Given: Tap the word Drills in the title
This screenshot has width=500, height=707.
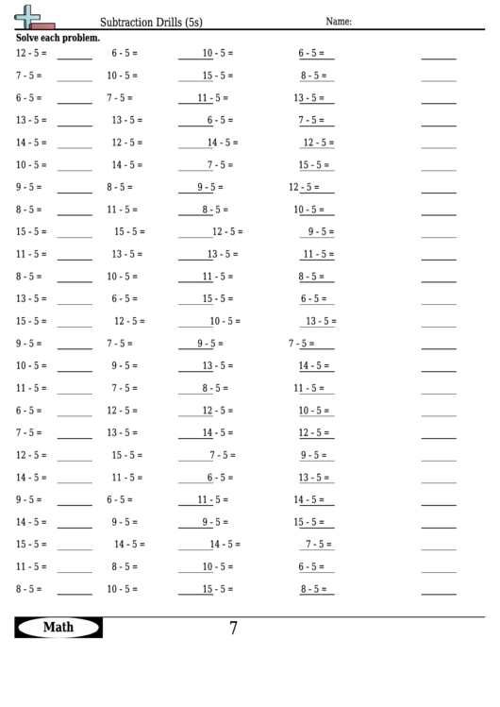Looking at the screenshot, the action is [172, 21].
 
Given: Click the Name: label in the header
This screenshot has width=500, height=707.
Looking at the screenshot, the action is [339, 21].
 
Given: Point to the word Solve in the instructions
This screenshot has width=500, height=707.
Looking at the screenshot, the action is [28, 39].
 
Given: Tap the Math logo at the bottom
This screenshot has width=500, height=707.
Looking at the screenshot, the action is [58, 627].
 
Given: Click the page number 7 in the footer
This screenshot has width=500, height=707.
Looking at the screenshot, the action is [233, 628].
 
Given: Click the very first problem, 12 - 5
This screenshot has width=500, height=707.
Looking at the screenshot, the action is [31, 54].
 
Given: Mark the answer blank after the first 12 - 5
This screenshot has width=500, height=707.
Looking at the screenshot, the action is [75, 56].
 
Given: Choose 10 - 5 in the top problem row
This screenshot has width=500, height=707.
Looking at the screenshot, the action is [218, 54].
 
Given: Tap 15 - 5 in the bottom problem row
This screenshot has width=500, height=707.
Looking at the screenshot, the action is [218, 589].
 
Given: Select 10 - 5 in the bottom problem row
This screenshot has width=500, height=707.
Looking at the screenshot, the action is [122, 589].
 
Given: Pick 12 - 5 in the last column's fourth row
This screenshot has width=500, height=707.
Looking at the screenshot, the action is [318, 143].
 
